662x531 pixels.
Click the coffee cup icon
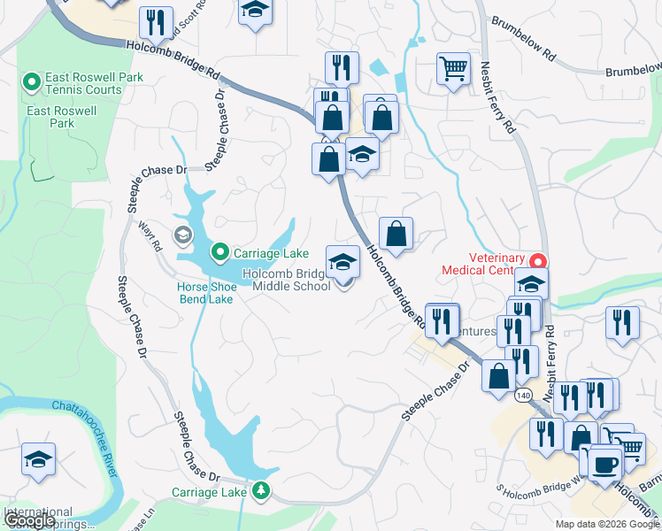pos(604,462)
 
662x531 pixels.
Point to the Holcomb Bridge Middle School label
pos(286,280)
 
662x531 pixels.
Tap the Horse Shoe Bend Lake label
pos(204,293)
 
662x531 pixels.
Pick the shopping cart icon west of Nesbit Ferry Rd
pos(453,66)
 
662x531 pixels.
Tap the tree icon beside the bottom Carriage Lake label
pos(260,489)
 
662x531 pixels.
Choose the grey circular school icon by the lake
pos(183,235)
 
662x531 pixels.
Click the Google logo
pos(29,520)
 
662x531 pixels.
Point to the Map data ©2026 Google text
pos(606,524)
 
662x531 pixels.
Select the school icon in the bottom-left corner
pos(38,459)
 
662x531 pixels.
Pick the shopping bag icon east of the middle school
pos(396,234)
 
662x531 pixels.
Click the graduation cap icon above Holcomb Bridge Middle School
pos(343,261)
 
